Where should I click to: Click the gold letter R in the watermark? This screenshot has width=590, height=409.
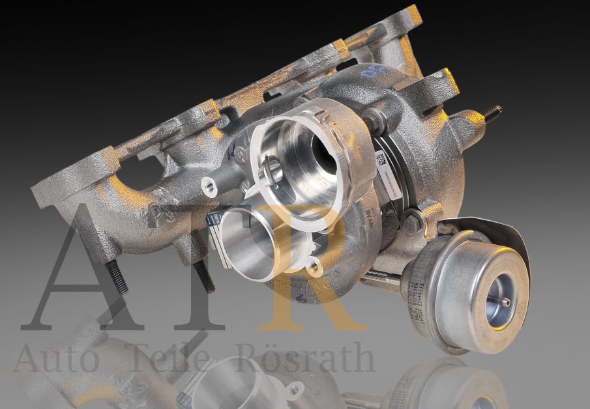pyautogui.click(x=306, y=274)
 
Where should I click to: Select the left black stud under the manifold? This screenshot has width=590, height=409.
pyautogui.click(x=117, y=277)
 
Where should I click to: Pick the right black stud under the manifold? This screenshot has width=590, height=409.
pyautogui.click(x=203, y=277)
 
